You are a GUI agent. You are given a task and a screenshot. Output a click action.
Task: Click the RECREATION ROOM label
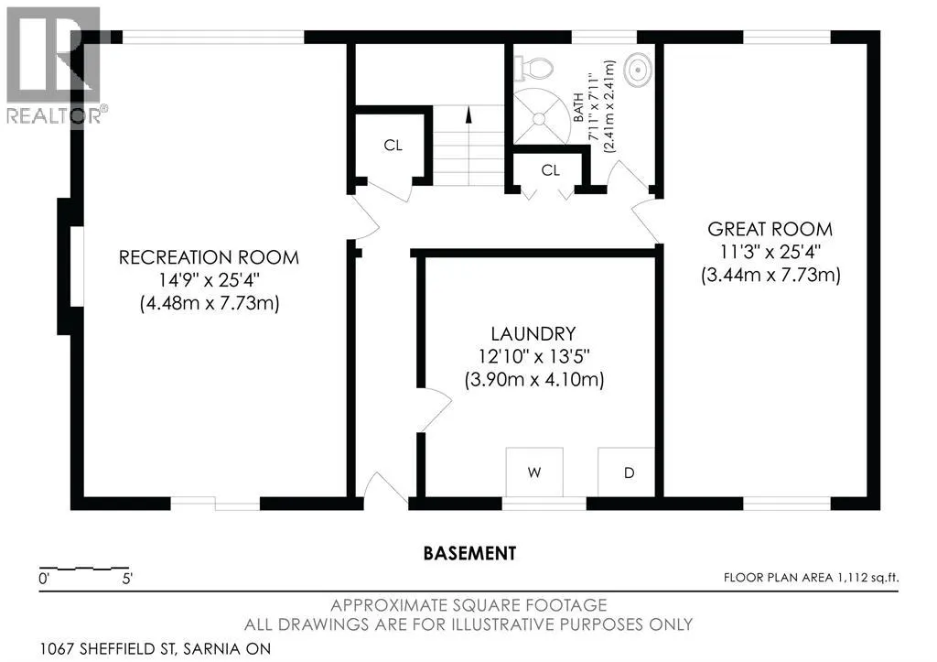pyautogui.click(x=209, y=257)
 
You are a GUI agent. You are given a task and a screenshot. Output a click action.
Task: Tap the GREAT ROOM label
pyautogui.click(x=770, y=229)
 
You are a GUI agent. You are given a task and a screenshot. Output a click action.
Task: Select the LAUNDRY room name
pyautogui.click(x=533, y=333)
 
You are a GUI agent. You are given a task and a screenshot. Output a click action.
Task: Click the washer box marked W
pyautogui.click(x=534, y=472)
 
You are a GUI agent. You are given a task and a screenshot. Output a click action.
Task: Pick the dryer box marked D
pyautogui.click(x=626, y=472)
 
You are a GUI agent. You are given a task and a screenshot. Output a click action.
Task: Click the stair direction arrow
pyautogui.click(x=468, y=114)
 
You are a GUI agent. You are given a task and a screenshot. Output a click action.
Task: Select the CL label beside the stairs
pyautogui.click(x=393, y=146)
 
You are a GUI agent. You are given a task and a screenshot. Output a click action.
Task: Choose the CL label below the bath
pyautogui.click(x=550, y=170)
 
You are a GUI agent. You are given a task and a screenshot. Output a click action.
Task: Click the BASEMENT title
pyautogui.click(x=469, y=553)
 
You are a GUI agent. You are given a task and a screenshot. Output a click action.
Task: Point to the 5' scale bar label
pyautogui.click(x=126, y=579)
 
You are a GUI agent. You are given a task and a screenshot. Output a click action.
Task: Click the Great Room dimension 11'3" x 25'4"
pyautogui.click(x=770, y=252)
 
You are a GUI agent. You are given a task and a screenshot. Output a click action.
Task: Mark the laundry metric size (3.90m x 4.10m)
pyautogui.click(x=534, y=380)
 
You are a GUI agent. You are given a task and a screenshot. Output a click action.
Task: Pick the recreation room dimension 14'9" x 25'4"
pyautogui.click(x=210, y=280)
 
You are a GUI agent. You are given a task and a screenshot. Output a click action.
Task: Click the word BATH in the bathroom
pyautogui.click(x=578, y=107)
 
